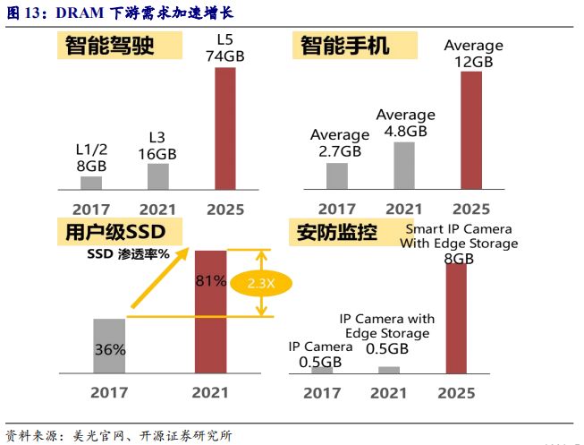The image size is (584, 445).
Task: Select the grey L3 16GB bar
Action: (x=157, y=176)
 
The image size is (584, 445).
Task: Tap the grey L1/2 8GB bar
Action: (x=91, y=183)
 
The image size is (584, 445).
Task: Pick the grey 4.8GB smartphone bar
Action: (x=405, y=166)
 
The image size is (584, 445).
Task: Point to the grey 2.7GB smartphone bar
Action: (x=337, y=175)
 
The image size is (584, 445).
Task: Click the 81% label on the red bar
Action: (x=211, y=280)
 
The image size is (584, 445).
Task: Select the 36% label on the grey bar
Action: (x=109, y=350)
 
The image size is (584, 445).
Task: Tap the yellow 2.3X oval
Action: (x=261, y=283)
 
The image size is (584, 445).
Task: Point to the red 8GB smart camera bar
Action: (x=456, y=318)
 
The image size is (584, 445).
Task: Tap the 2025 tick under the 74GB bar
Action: (x=224, y=210)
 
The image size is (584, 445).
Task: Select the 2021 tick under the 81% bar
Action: (x=210, y=392)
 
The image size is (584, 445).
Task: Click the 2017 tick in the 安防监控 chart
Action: (x=322, y=392)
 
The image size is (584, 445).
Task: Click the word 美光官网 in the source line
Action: (x=95, y=435)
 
